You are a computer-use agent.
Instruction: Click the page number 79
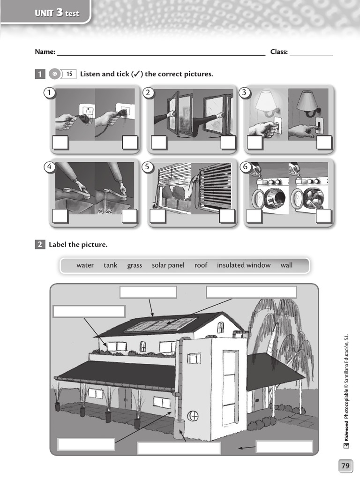tap(345, 465)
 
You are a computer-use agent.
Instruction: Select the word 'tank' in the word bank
tap(111, 265)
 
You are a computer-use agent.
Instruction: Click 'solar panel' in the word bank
tap(168, 265)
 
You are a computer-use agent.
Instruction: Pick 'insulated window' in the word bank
tap(243, 265)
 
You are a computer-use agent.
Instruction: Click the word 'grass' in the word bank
tap(135, 265)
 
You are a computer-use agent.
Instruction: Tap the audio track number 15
tap(69, 74)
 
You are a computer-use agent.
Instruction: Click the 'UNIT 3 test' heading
tap(57, 13)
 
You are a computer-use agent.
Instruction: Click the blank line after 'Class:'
tap(311, 52)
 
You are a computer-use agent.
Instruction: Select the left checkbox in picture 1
tap(60, 142)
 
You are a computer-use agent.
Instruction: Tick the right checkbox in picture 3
tap(324, 142)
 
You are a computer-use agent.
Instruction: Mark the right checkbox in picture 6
tap(324, 216)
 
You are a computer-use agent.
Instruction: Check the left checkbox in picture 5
tap(158, 216)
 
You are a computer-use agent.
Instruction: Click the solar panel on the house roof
tap(160, 324)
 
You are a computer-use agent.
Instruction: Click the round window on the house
tap(193, 416)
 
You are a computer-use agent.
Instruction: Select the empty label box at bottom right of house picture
tap(285, 447)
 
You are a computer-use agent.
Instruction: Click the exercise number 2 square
tap(40, 244)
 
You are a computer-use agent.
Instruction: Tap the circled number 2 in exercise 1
tap(148, 93)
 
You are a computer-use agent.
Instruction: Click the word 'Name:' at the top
tap(45, 52)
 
